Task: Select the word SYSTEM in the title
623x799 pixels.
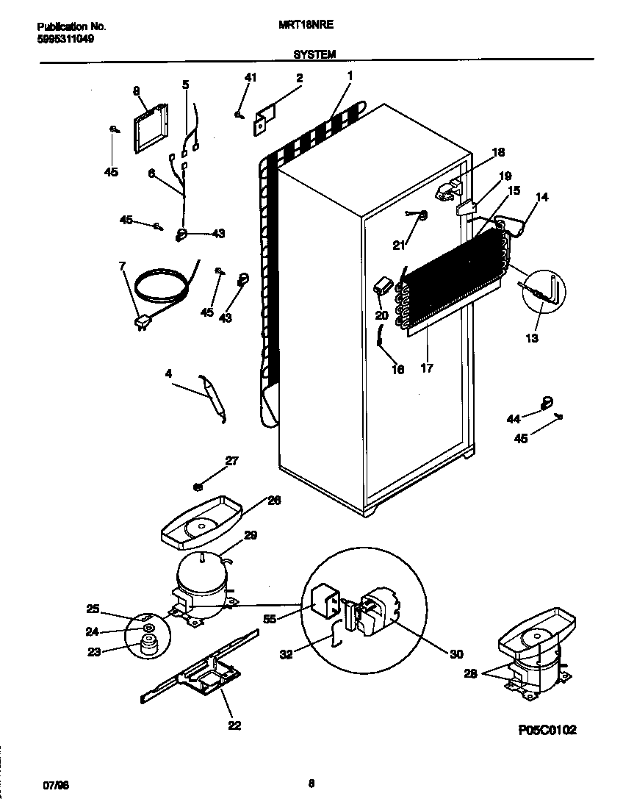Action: tap(314, 54)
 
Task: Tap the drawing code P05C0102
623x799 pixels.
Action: tap(547, 729)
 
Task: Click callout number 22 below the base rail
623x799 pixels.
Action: tap(234, 725)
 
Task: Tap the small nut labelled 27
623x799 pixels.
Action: tap(198, 486)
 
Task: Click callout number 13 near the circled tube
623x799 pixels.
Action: tap(531, 338)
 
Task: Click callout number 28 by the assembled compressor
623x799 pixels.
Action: tap(469, 673)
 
